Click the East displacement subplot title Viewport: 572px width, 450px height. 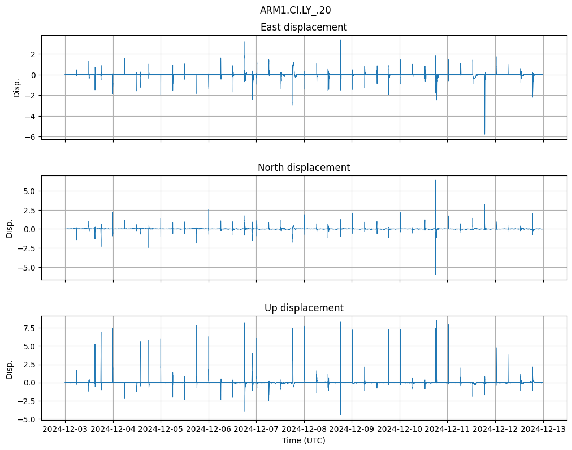[x=304, y=27]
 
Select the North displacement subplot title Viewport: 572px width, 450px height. [x=304, y=168]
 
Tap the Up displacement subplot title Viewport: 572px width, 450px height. [x=304, y=308]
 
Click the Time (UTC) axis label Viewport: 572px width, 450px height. [x=304, y=440]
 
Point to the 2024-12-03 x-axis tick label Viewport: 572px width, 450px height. [x=65, y=430]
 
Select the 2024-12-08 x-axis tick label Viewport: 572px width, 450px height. [x=304, y=430]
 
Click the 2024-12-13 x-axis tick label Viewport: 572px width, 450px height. [x=543, y=430]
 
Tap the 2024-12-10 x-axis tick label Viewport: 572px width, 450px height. [x=400, y=430]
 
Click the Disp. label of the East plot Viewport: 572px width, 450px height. [x=17, y=87]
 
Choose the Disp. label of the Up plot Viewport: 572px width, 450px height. [x=10, y=368]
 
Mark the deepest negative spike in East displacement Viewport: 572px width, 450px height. [x=484, y=134]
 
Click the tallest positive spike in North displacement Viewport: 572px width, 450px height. [x=435, y=181]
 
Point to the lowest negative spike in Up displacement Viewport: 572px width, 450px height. [x=340, y=415]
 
